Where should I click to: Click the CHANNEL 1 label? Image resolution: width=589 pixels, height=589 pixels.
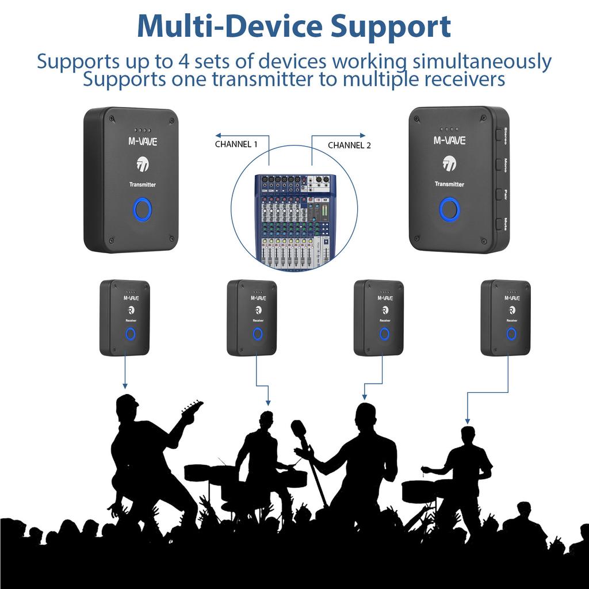point(236,144)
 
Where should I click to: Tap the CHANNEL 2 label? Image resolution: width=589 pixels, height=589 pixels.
point(349,146)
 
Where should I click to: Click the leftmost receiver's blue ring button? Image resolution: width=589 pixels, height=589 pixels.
point(131,334)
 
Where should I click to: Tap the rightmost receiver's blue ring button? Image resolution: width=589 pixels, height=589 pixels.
point(511,334)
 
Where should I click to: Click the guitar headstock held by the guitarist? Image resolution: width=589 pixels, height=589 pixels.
point(193,409)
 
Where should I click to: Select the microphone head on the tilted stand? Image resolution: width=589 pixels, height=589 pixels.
point(299,429)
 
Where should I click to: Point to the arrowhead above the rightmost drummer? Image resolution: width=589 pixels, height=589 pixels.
point(466,420)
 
